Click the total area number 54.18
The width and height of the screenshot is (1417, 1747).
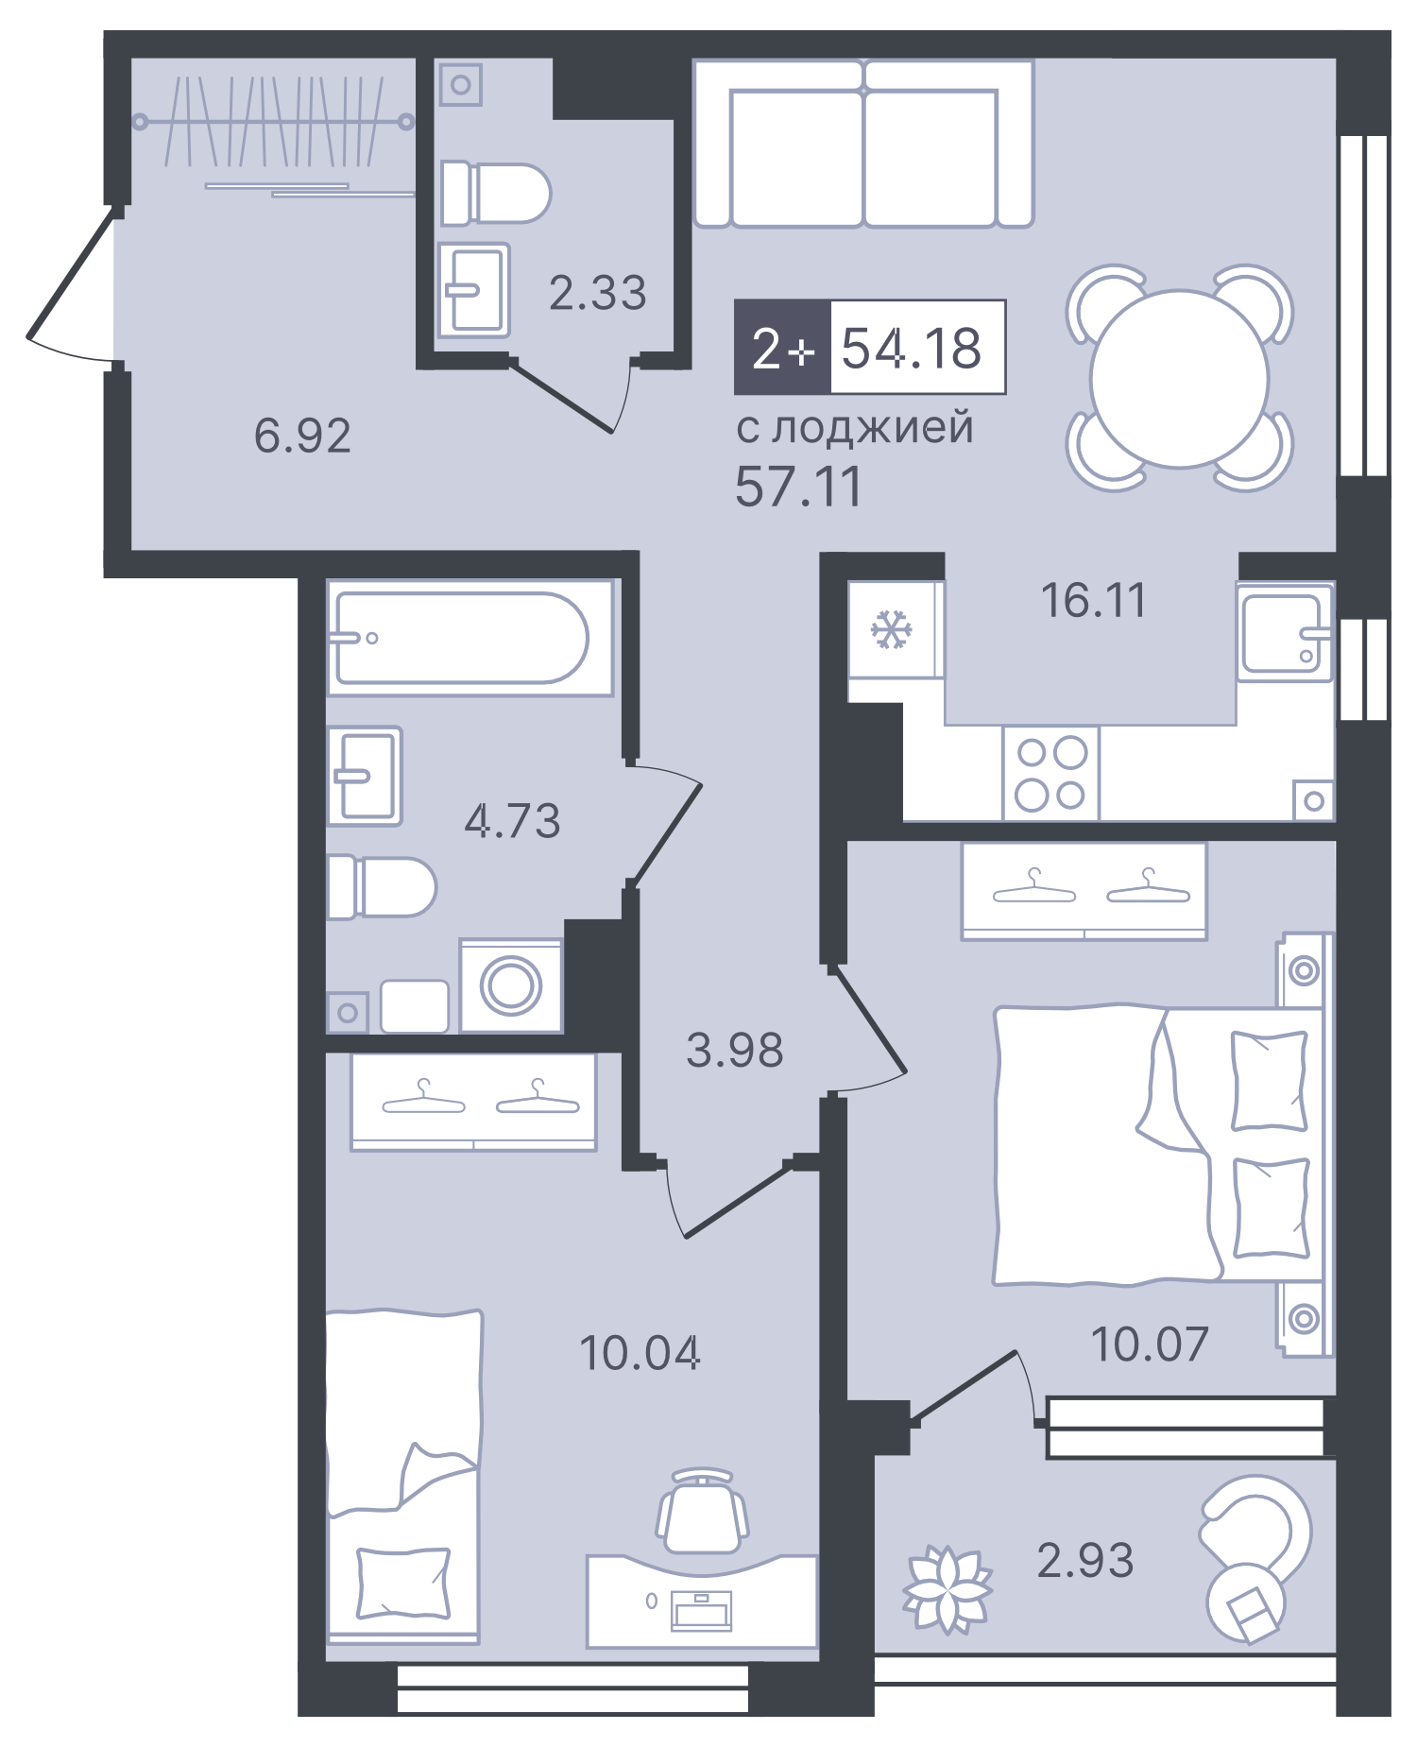[x=912, y=348]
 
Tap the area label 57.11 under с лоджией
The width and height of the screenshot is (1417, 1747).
[x=798, y=488]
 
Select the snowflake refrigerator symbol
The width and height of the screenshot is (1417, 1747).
[x=891, y=630]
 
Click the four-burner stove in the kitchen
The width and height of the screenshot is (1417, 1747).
[x=1050, y=774]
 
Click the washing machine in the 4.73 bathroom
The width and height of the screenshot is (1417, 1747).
[x=511, y=985]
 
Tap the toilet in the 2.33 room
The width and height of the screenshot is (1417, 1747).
[x=495, y=193]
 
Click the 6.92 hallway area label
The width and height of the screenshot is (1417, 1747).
[x=302, y=436]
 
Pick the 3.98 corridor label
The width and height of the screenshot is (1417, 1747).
[x=734, y=1051]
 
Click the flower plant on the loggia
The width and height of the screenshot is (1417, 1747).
[x=947, y=1589]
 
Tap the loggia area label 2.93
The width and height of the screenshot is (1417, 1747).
[x=1084, y=1560]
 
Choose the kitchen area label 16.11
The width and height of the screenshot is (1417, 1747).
[x=1093, y=601]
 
